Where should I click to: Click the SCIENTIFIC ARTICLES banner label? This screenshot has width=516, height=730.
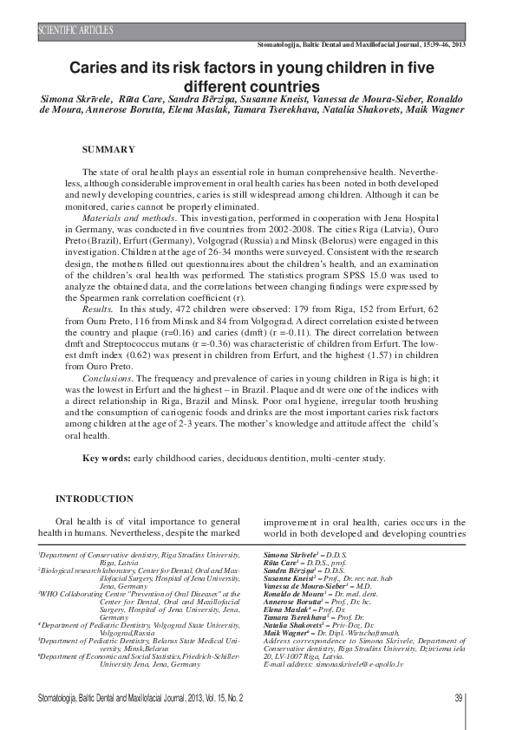[76, 30]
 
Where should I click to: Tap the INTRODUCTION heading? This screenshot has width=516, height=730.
[95, 499]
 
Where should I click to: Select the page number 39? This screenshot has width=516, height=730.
[459, 698]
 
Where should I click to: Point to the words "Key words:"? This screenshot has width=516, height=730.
[108, 458]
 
